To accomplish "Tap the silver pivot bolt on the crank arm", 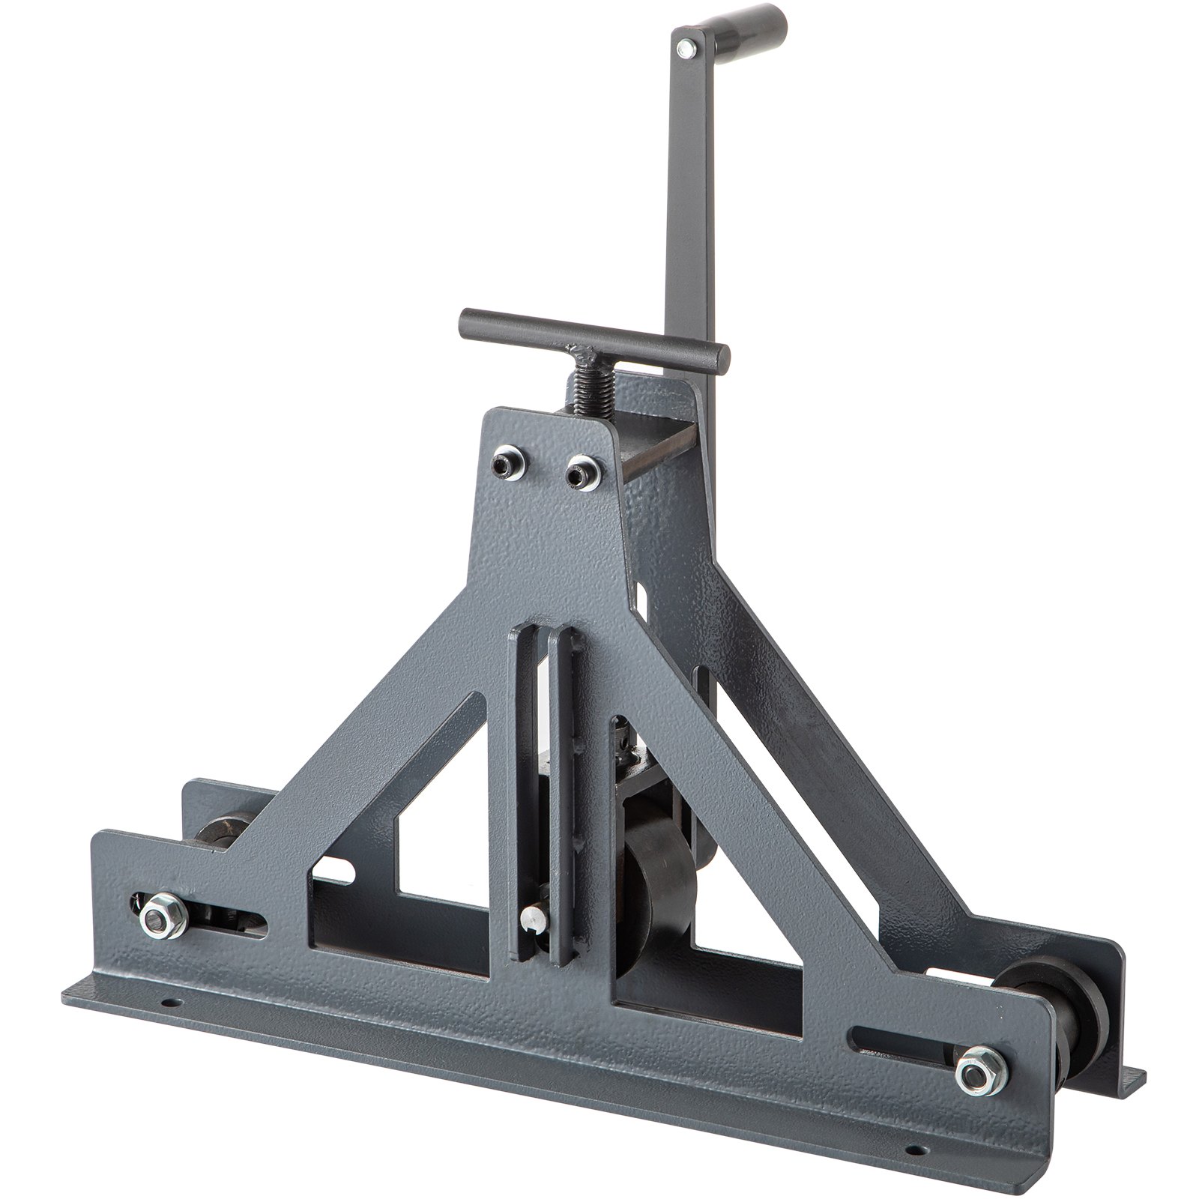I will [x=683, y=49].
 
